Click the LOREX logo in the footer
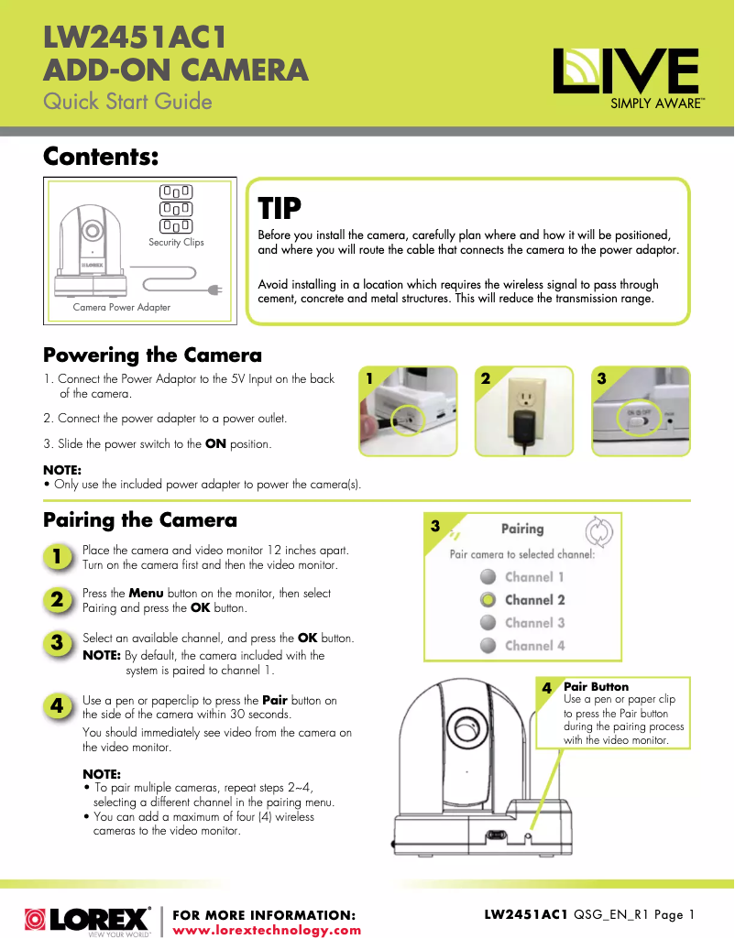pyautogui.click(x=88, y=919)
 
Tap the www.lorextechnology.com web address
pyautogui.click(x=267, y=930)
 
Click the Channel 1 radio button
pyautogui.click(x=488, y=577)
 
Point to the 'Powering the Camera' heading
pyautogui.click(x=152, y=355)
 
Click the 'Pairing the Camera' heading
pyautogui.click(x=140, y=520)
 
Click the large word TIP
pyautogui.click(x=280, y=209)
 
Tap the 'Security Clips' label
pyautogui.click(x=176, y=243)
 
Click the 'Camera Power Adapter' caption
pyautogui.click(x=122, y=308)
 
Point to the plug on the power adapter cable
pyautogui.click(x=215, y=291)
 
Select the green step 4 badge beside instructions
pyautogui.click(x=57, y=706)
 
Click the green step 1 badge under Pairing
pyautogui.click(x=57, y=557)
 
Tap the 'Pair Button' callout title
pyautogui.click(x=596, y=686)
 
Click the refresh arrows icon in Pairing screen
pyautogui.click(x=598, y=530)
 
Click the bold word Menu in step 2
pyautogui.click(x=146, y=594)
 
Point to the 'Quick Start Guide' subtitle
pyautogui.click(x=127, y=101)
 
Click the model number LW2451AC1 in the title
pyautogui.click(x=135, y=39)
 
